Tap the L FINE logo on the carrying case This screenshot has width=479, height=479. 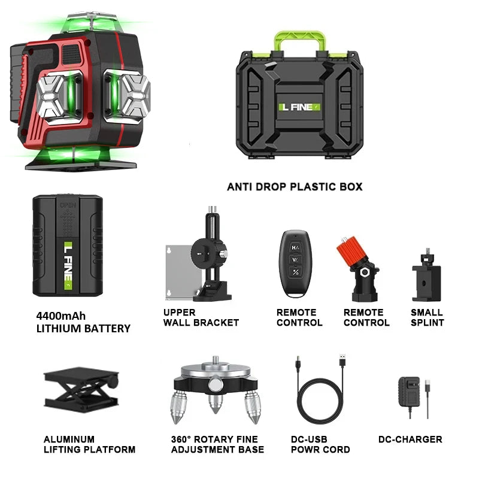click(300, 107)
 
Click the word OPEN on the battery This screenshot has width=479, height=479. click(68, 205)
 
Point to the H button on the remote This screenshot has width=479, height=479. click(295, 248)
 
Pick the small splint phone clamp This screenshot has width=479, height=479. click(426, 276)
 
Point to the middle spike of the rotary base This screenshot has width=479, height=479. click(216, 402)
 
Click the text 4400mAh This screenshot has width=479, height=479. click(61, 316)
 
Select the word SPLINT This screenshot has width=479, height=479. click(427, 323)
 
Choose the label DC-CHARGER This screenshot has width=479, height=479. click(410, 439)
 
